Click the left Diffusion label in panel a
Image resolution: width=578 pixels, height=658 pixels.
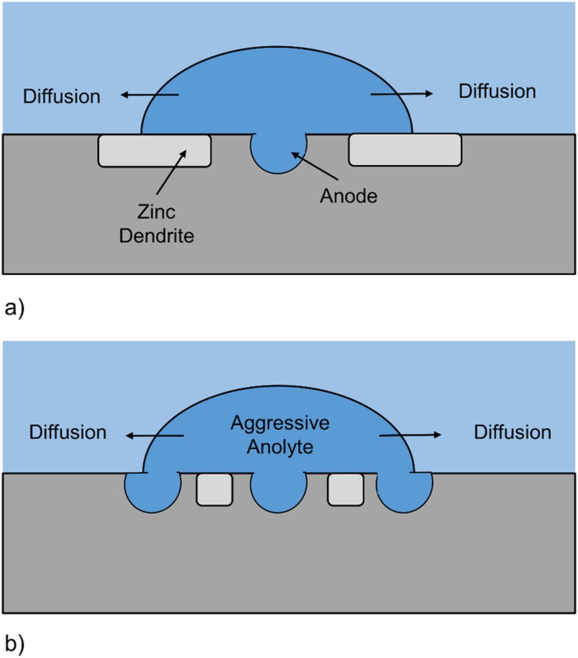coord(61,97)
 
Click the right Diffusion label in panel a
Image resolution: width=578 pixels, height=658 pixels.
coord(497,92)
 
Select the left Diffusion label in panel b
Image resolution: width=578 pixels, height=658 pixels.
coord(67,432)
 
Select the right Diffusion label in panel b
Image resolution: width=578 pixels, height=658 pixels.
coord(512,432)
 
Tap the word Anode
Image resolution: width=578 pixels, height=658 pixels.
coord(348,196)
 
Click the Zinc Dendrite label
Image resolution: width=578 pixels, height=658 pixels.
coord(156,224)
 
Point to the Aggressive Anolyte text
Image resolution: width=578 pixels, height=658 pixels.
coord(280,434)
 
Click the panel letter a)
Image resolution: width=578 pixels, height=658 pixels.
coord(14,308)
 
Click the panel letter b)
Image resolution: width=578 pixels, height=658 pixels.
coord(14,644)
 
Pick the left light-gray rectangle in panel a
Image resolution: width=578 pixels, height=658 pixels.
coord(154,151)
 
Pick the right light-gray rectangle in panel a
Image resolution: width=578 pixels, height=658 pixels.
coord(405,150)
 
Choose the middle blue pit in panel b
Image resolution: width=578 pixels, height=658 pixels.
coord(278,492)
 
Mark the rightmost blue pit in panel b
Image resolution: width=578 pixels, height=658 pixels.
coord(405,492)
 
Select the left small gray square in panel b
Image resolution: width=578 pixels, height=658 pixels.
coord(214,489)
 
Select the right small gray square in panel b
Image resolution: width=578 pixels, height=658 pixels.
coord(346,489)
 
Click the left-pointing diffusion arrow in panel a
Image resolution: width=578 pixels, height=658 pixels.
coord(149,95)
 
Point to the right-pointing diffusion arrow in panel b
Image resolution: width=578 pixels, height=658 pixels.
coord(410,435)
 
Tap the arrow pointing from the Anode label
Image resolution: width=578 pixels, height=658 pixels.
coord(315,166)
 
